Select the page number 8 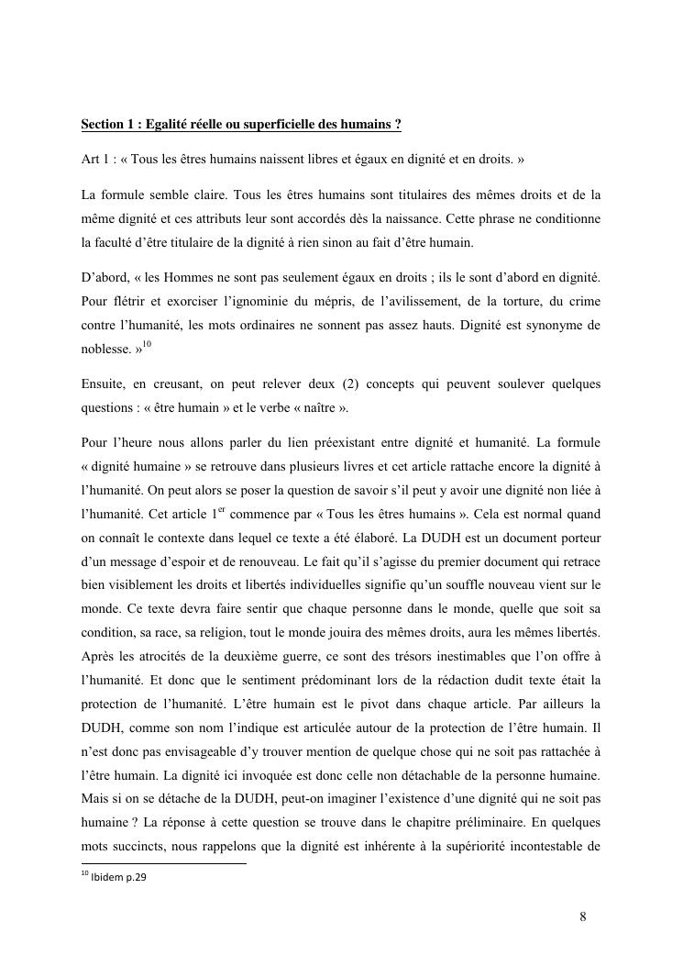tap(583, 916)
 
